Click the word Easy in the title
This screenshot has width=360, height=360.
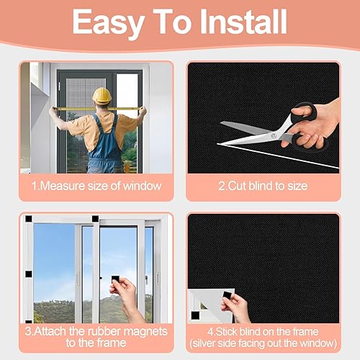(x=109, y=23)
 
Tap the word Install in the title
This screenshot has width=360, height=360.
(x=243, y=22)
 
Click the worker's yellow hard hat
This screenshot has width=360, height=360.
(x=102, y=96)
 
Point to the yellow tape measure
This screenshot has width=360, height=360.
(x=97, y=109)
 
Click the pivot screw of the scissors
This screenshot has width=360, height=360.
(x=274, y=136)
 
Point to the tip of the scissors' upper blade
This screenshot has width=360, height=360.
(x=220, y=123)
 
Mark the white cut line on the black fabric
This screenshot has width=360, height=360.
(x=279, y=156)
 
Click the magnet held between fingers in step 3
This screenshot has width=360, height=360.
(x=116, y=280)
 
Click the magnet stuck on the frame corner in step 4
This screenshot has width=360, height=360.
(x=195, y=315)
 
